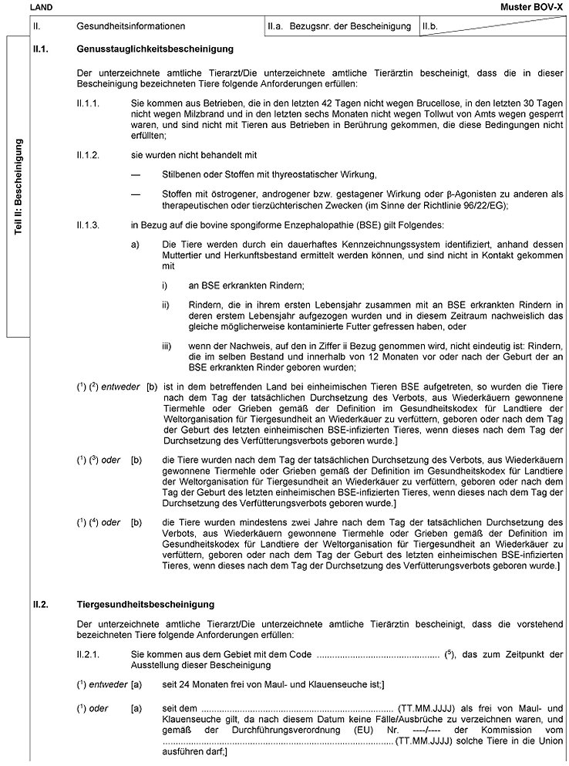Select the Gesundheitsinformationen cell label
(130, 26)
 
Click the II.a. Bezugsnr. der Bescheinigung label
(338, 26)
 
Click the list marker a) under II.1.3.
(136, 244)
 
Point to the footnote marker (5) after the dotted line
(449, 653)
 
